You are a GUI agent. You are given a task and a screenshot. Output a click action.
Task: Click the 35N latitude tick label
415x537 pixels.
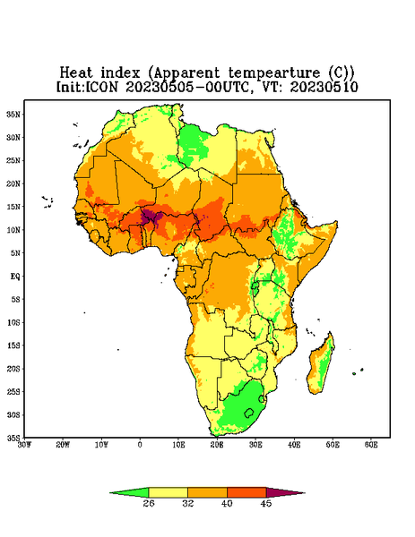pyautogui.click(x=14, y=114)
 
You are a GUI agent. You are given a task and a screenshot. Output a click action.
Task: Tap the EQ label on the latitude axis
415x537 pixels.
pyautogui.click(x=15, y=276)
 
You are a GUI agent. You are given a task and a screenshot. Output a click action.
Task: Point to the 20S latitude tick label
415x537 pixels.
pyautogui.click(x=14, y=369)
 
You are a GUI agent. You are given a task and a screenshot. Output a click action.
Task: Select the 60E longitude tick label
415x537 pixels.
pyautogui.click(x=371, y=445)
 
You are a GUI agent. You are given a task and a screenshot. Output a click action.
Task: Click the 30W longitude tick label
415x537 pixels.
pyautogui.click(x=24, y=445)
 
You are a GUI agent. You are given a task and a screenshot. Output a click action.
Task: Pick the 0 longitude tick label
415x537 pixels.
pyautogui.click(x=140, y=445)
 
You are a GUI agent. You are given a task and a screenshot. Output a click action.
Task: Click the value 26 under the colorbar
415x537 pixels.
pyautogui.click(x=149, y=503)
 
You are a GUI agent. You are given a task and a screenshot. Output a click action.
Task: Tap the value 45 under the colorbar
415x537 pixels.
pyautogui.click(x=266, y=503)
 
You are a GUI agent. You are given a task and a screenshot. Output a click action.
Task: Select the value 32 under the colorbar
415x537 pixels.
pyautogui.click(x=188, y=503)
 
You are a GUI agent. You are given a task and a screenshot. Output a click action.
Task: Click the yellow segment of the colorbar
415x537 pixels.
pyautogui.click(x=168, y=492)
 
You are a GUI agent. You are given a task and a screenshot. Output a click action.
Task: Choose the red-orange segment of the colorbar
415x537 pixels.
pyautogui.click(x=246, y=492)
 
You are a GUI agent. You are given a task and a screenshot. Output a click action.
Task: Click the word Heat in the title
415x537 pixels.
pyautogui.click(x=76, y=72)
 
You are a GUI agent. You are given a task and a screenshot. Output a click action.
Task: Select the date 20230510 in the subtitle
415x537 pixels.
pyautogui.click(x=324, y=87)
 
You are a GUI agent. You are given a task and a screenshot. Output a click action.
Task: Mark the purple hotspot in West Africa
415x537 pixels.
pyautogui.click(x=150, y=217)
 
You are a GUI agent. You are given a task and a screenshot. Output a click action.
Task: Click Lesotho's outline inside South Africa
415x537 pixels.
pyautogui.click(x=249, y=413)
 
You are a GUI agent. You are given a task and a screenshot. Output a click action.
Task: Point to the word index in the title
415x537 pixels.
pyautogui.click(x=120, y=72)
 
